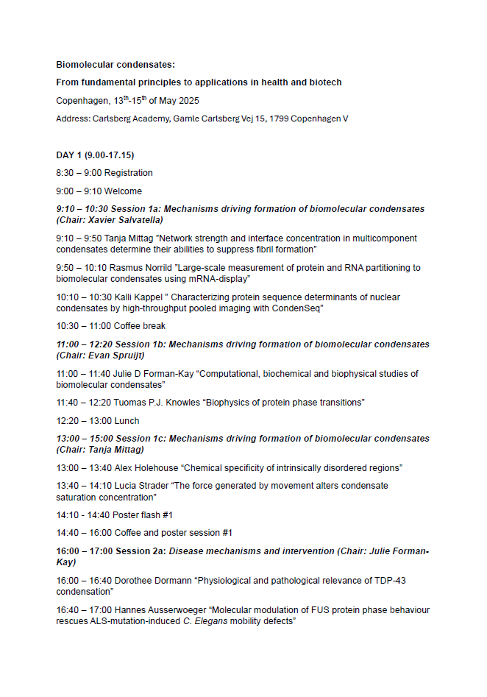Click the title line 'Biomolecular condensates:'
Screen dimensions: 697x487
115,65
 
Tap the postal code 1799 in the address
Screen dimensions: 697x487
279,118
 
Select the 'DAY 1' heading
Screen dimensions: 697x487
70,155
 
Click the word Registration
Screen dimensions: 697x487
129,173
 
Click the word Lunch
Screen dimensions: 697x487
127,421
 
